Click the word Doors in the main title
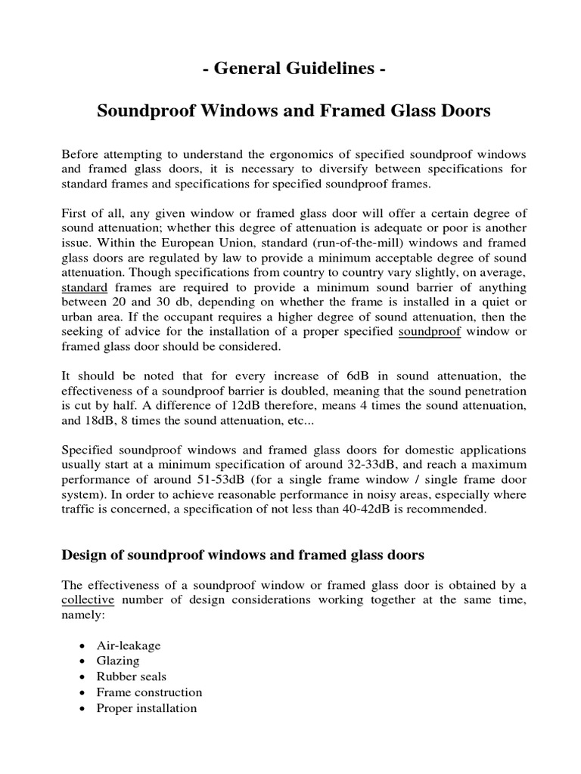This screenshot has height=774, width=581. (464, 111)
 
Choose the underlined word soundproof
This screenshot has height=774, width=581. (429, 332)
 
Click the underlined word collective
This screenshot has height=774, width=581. (88, 599)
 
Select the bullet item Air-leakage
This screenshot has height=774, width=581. (129, 646)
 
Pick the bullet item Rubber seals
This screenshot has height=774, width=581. (131, 677)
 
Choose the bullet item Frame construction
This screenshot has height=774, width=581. (149, 692)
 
